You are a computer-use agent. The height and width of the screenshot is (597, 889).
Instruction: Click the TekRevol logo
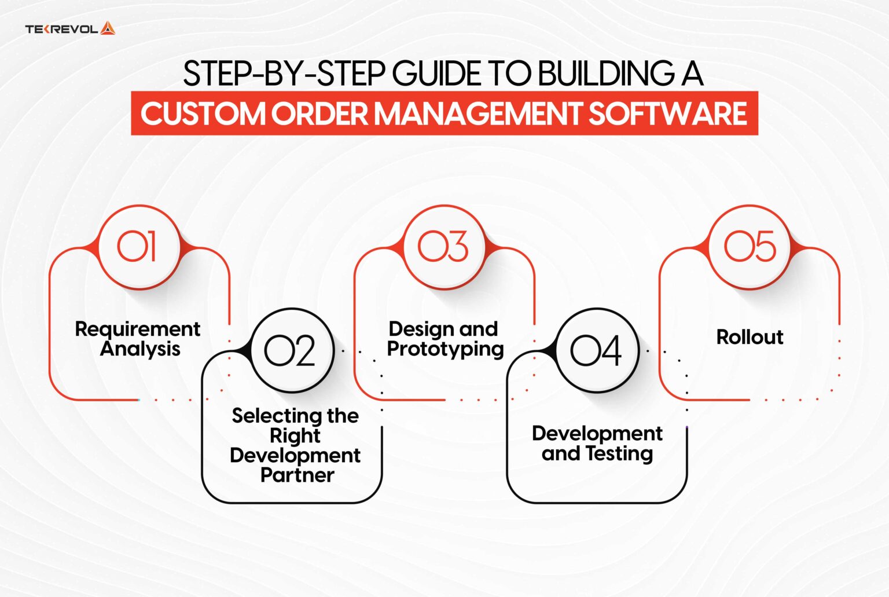(x=69, y=28)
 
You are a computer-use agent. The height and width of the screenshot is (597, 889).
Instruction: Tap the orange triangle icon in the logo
(x=108, y=28)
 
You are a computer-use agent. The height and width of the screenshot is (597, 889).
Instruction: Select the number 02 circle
(x=291, y=350)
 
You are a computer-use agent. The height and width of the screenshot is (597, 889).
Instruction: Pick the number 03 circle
(x=443, y=247)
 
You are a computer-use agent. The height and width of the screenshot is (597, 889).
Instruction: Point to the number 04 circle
(x=596, y=350)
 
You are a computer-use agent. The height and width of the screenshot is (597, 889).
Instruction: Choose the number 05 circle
(x=750, y=247)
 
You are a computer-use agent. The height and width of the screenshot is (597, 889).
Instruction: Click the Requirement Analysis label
(x=138, y=339)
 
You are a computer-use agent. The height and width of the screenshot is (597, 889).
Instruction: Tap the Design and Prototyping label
(x=444, y=339)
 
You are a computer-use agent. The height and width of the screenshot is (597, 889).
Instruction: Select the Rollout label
(x=750, y=337)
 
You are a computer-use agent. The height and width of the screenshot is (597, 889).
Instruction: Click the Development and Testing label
(x=597, y=444)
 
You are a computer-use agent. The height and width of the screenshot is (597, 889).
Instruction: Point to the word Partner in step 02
(x=297, y=475)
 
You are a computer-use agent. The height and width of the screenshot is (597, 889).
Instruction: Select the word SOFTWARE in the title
(x=668, y=113)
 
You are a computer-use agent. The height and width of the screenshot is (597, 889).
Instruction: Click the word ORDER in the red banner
(x=320, y=113)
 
